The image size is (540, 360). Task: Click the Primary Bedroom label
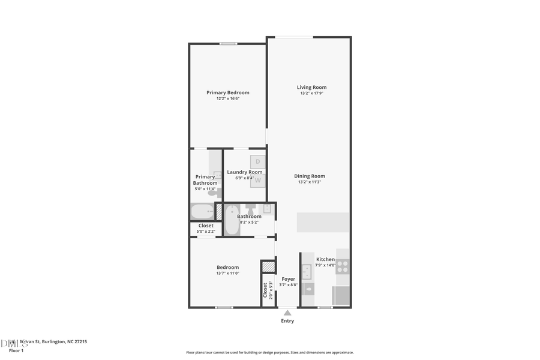(x=227, y=92)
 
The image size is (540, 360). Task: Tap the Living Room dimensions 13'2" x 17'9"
(x=311, y=94)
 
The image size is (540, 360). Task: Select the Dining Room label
(x=309, y=176)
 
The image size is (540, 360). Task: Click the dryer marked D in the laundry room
(x=258, y=161)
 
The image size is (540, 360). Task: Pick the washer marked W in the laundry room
(x=258, y=179)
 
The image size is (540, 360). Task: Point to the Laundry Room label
(x=244, y=172)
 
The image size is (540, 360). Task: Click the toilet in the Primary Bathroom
(x=214, y=193)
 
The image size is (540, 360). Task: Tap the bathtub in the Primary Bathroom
(x=202, y=212)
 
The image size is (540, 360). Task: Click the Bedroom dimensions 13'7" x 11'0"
(x=227, y=274)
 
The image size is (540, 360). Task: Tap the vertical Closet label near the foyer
(x=265, y=289)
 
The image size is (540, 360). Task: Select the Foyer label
(x=288, y=279)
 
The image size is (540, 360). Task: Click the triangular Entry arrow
(x=287, y=312)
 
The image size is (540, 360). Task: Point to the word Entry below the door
(x=287, y=321)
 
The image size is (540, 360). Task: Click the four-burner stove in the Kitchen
(x=343, y=266)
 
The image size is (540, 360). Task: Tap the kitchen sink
(x=307, y=272)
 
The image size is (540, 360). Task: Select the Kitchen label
(x=325, y=259)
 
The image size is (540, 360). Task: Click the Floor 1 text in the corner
(x=16, y=350)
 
